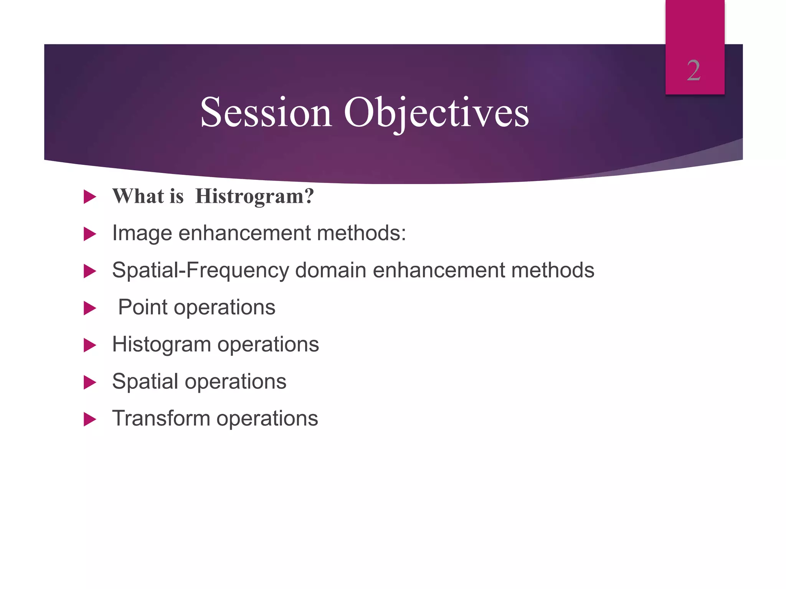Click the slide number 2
[x=694, y=71]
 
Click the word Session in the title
[x=266, y=112]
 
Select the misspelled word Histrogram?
[x=254, y=196]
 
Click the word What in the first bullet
[x=138, y=196]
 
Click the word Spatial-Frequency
[x=200, y=270]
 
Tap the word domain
[x=330, y=270]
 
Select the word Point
[x=142, y=307]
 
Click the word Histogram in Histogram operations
[x=161, y=344]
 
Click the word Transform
[x=161, y=418]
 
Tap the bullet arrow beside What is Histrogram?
[x=89, y=197]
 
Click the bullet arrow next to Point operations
[x=89, y=308]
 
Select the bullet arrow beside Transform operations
[x=89, y=420]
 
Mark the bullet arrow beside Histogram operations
[x=89, y=346]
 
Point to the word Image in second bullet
[x=142, y=233]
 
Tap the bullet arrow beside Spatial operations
[x=89, y=382]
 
